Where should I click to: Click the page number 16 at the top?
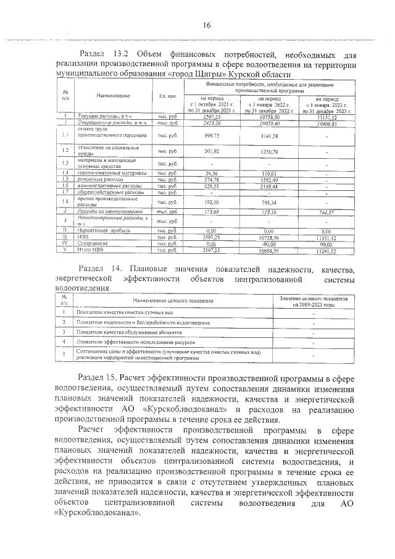tap(206, 25)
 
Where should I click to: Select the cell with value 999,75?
tap(212, 135)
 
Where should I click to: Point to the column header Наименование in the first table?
tap(113, 96)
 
